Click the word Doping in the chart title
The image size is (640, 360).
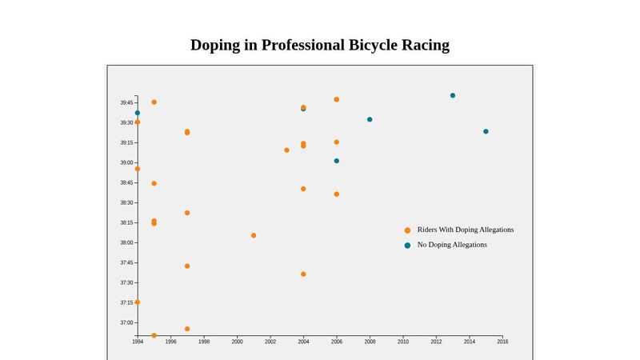(215, 46)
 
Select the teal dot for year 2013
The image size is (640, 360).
(453, 95)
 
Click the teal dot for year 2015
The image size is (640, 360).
(486, 131)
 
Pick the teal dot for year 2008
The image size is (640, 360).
(370, 119)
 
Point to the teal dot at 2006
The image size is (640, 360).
(336, 161)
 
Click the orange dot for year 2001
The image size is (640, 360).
(254, 235)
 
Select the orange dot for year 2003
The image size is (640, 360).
(286, 150)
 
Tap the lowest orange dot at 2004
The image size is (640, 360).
(303, 274)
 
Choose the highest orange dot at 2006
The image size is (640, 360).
(336, 99)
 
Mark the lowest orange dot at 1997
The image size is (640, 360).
(187, 329)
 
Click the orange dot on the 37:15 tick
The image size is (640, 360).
(138, 302)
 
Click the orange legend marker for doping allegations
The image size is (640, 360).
(407, 230)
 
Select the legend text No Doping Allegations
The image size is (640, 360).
(452, 245)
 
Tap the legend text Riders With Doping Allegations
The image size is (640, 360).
(466, 230)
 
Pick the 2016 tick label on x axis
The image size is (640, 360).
(502, 342)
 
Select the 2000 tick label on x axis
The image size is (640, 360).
(237, 342)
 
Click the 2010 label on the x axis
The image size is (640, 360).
(403, 342)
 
